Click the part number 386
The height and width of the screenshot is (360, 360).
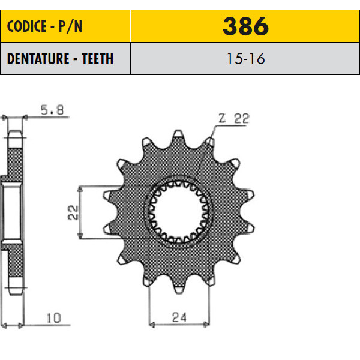[x=245, y=26]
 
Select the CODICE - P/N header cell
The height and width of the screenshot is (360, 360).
[x=65, y=26]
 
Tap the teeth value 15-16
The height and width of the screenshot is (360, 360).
[x=245, y=59]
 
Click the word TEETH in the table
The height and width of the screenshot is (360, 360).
[x=98, y=59]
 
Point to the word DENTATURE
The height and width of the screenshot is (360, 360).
[x=38, y=59]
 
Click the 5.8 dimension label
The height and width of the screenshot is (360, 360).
[x=52, y=110]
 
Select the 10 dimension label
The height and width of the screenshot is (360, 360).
[x=54, y=318]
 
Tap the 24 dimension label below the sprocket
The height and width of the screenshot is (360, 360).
[x=179, y=317]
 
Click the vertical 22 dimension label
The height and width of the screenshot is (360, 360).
[x=73, y=212]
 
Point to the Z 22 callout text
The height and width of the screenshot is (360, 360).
[x=234, y=118]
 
